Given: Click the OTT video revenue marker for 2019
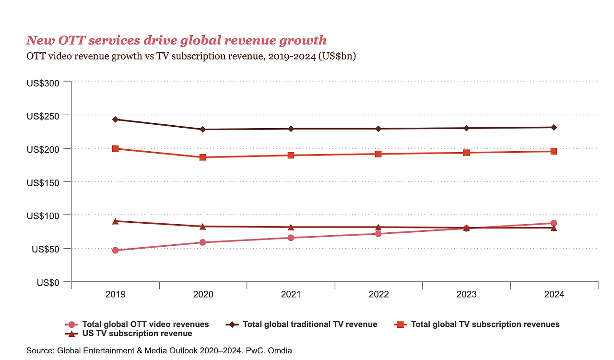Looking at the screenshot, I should coord(115,250).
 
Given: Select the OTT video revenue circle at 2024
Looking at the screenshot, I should coord(554,223).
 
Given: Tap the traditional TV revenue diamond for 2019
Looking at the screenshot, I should coord(115,119).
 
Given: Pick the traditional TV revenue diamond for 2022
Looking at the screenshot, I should coord(378,129).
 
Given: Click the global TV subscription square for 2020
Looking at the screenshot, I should coord(203,157).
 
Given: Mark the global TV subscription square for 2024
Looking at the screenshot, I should coord(554,151).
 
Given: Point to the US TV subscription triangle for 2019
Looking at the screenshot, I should coord(115,221).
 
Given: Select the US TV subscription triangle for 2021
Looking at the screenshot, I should coord(291,227).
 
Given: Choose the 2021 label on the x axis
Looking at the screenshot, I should coord(291,294).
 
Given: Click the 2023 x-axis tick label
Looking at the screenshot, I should coord(466,294).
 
